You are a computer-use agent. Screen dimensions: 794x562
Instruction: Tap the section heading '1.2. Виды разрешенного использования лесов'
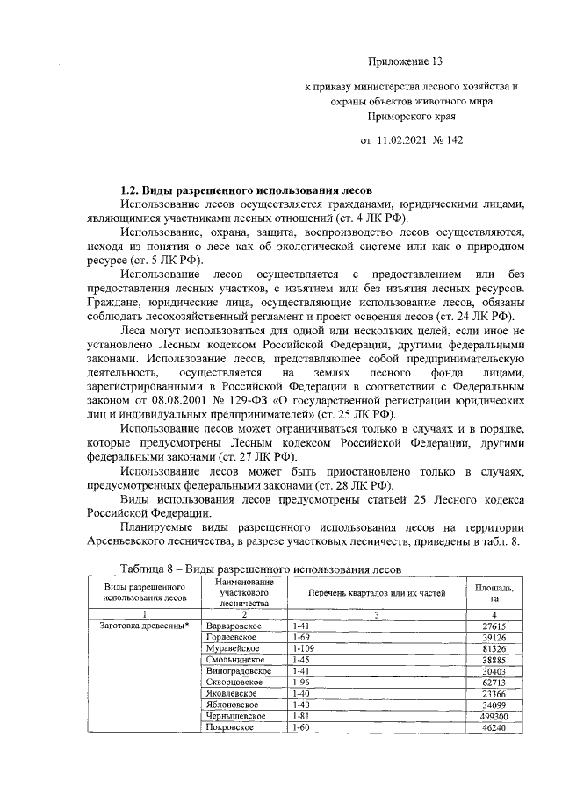point(246,190)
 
